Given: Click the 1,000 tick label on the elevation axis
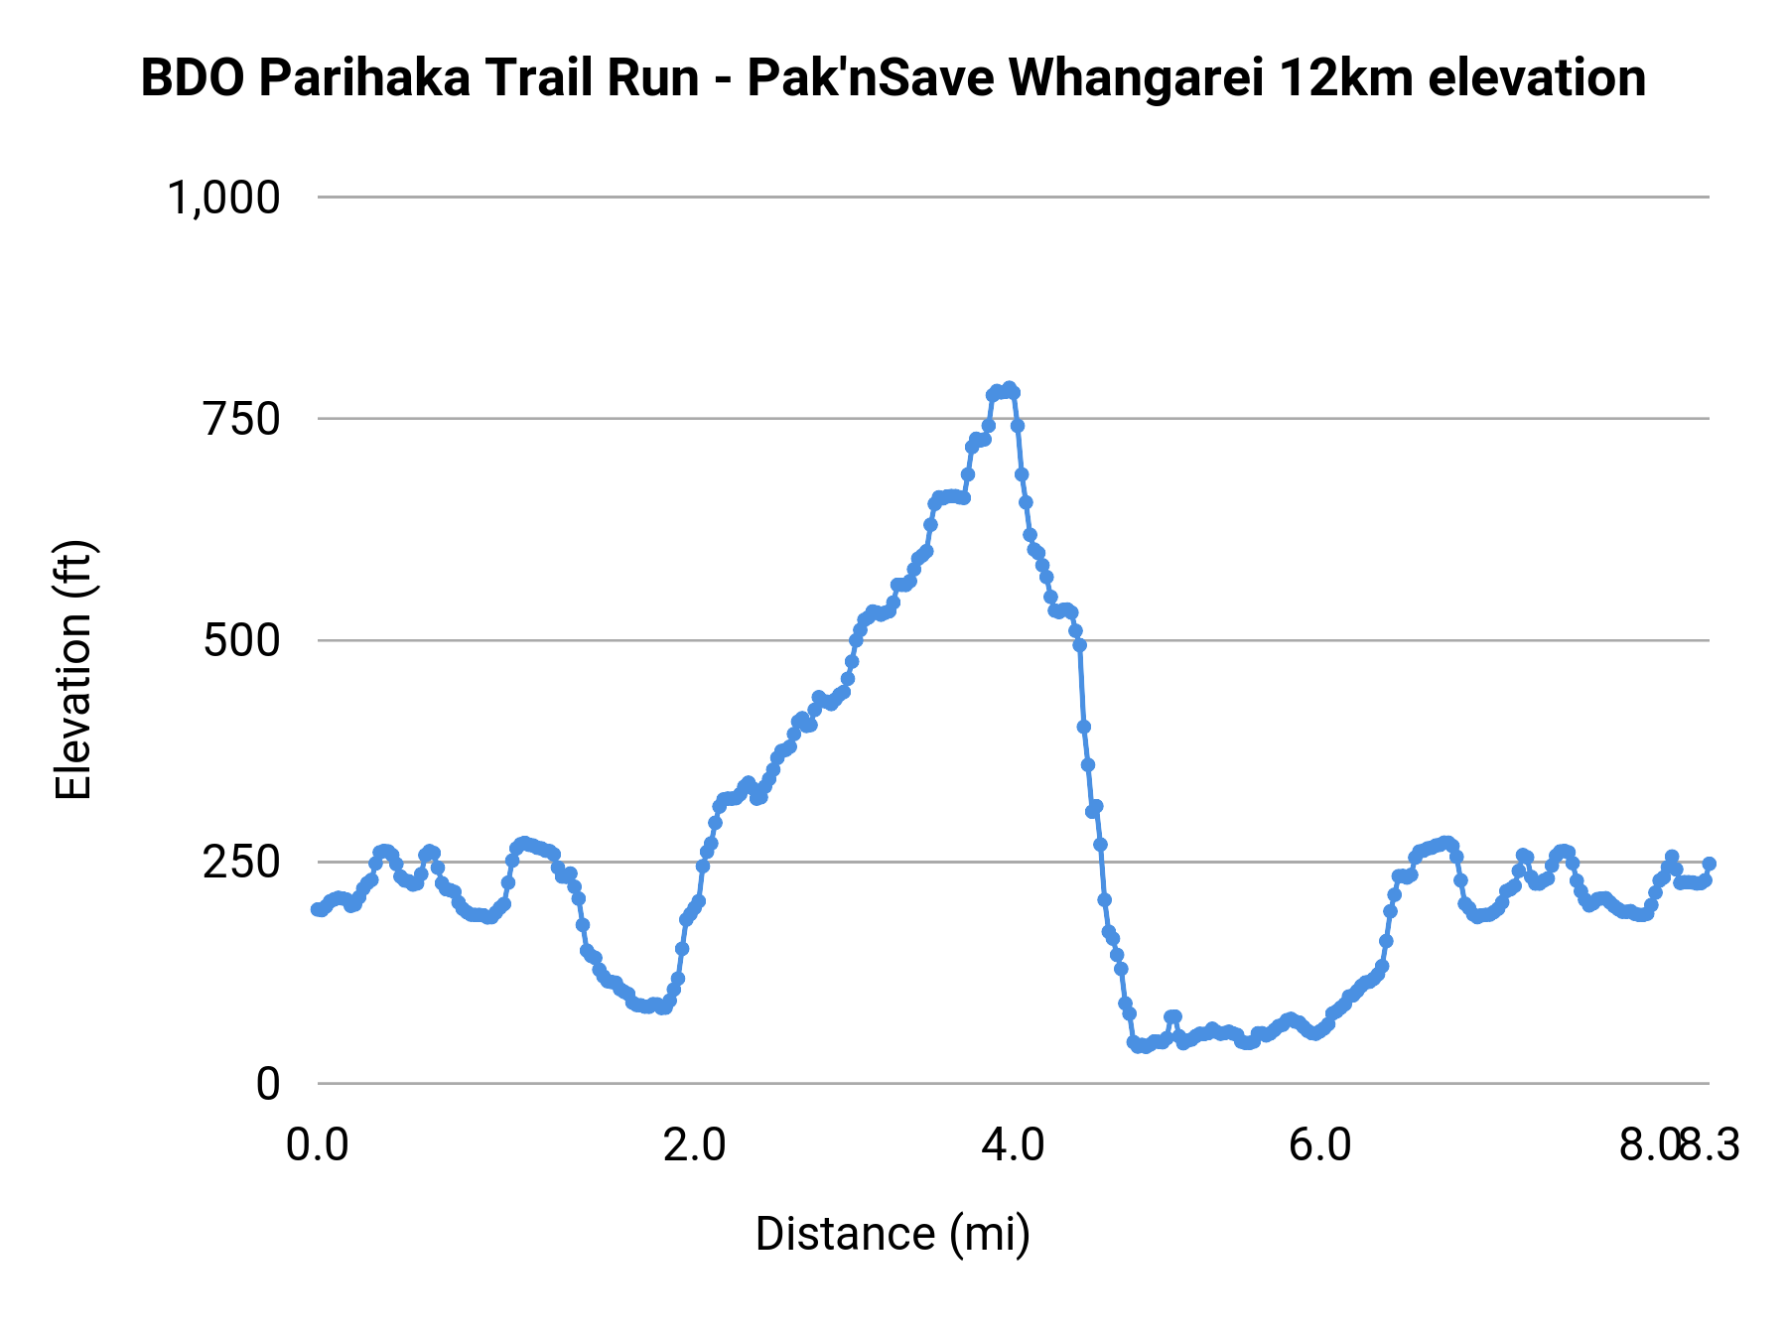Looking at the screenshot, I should coord(223,198).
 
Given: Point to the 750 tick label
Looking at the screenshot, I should coord(242,419).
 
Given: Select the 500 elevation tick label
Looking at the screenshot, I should coord(242,640).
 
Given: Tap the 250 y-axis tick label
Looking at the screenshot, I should coord(242,862).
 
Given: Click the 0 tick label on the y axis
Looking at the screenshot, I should coord(268,1084).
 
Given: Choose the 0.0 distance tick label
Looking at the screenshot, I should coord(318,1145).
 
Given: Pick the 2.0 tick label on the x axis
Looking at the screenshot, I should coord(695,1145).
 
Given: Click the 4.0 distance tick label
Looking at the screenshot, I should coord(1013,1145).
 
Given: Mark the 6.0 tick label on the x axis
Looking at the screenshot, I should coord(1320,1145).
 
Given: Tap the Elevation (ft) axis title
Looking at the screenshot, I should coord(73,670).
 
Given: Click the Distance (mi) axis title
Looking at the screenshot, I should coord(893,1234).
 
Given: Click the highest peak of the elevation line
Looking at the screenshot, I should coord(1009,389).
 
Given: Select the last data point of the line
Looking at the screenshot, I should coord(1709,864).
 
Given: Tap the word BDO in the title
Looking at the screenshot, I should coord(194,78).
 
